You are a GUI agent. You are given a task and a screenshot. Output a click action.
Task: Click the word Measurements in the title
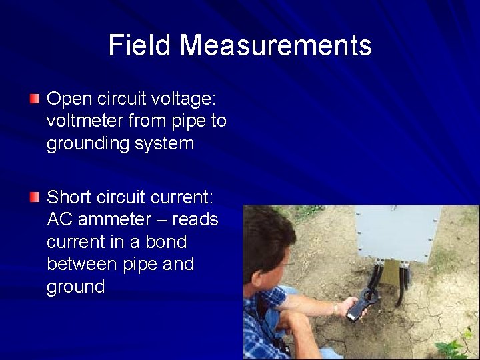(275, 45)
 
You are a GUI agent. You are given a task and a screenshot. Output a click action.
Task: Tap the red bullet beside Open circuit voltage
(35, 99)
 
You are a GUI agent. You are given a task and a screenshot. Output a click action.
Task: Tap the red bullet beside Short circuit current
(35, 197)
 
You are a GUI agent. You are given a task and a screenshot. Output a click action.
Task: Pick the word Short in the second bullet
(69, 197)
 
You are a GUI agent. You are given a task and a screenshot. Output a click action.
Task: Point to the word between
(83, 264)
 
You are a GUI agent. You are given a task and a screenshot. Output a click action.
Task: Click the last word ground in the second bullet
(76, 287)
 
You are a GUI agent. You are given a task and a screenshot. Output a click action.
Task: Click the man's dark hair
(267, 230)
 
